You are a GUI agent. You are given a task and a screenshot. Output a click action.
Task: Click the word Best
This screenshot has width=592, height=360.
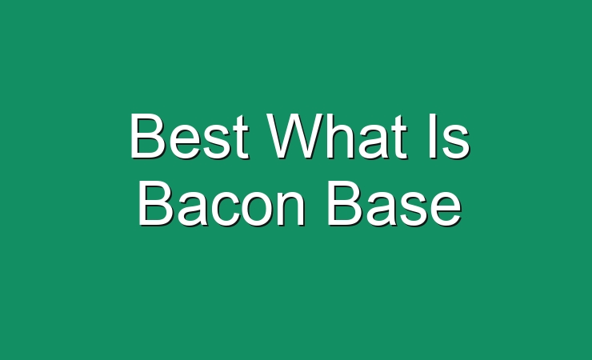click(189, 136)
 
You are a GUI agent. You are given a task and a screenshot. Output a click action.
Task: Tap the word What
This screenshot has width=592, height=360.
click(337, 136)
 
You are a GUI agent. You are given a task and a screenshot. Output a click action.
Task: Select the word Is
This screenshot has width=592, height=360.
click(449, 136)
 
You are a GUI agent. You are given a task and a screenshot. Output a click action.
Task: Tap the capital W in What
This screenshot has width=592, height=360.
click(295, 136)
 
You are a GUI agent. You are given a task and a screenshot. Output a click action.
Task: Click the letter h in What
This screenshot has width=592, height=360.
click(341, 136)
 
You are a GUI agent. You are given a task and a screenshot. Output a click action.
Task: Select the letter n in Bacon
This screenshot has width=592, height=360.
click(291, 209)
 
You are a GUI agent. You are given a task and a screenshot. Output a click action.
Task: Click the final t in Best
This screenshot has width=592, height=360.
click(242, 137)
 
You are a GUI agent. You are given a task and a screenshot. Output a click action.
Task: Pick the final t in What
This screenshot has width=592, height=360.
click(400, 137)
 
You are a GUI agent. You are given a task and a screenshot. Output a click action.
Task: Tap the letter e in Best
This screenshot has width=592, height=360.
click(182, 142)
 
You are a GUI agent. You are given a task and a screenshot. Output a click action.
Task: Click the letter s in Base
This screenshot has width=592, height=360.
click(412, 210)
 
